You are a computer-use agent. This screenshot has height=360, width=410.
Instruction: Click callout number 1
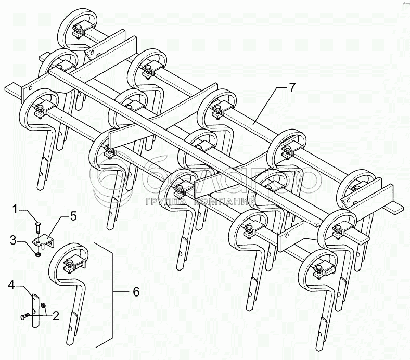pos(16,210)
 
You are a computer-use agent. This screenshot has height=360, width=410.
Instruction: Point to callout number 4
pos(11,284)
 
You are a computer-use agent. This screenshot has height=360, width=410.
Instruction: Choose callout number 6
pos(136,292)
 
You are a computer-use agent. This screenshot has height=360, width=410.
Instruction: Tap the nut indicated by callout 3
pos(38,254)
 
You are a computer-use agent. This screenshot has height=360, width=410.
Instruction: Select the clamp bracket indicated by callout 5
pos(45,241)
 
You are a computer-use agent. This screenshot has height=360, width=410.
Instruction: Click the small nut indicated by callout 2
pos(42,305)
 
